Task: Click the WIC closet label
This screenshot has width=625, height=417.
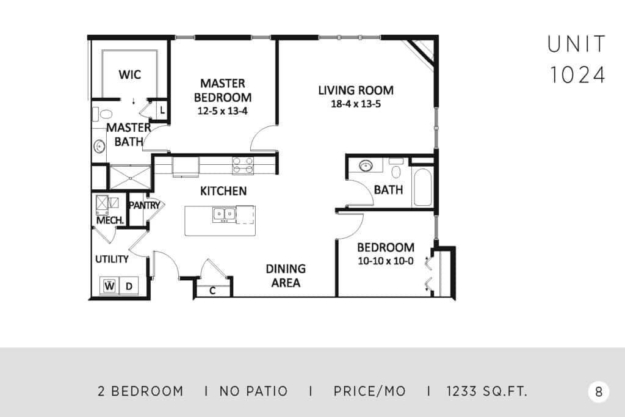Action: coord(129,74)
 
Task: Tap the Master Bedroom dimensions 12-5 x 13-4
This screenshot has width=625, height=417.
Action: coord(222,111)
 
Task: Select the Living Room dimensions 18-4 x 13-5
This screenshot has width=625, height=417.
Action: coord(356,104)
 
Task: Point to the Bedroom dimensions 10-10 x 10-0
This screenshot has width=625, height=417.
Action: coord(386,261)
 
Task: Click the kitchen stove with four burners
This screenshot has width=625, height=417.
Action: coord(243,165)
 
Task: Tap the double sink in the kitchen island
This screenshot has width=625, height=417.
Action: coord(223,214)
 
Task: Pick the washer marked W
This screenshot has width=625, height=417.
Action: coord(109,286)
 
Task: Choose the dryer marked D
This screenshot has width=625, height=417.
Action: coord(129,286)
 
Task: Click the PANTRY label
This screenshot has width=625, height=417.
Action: coord(144,205)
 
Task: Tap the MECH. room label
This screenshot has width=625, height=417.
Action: coord(110,220)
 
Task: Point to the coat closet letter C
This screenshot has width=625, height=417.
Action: coord(212,291)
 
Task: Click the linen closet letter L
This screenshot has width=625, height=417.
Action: coord(162,110)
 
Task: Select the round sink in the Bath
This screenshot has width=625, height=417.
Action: coord(366,165)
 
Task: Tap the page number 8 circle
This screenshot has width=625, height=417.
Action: coord(598,392)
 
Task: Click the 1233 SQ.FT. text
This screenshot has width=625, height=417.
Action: coord(486,391)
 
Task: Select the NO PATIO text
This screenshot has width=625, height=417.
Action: coord(253,391)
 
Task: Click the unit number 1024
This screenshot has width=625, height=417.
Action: coord(577,75)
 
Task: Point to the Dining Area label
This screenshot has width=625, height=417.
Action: coord(286,275)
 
